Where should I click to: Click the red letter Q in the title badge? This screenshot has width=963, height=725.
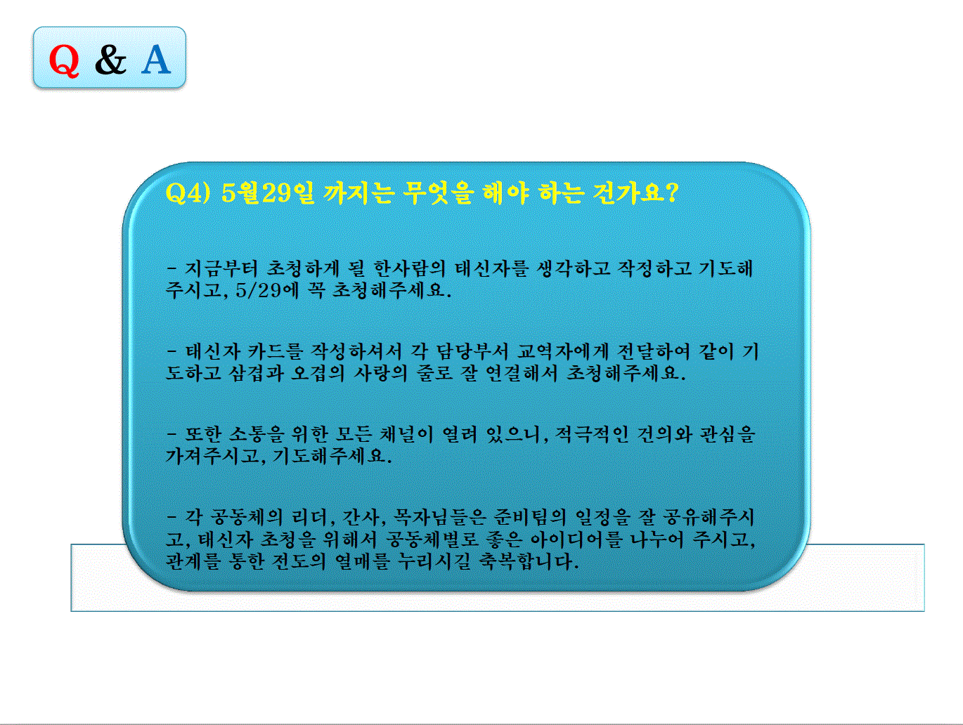coord(64,59)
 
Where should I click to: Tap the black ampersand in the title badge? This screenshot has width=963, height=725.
coord(110,59)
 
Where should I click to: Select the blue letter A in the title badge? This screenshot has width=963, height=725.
coord(156,59)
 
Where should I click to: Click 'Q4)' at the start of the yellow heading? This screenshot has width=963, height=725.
coord(188,192)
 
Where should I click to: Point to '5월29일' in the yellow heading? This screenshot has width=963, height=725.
coord(268,192)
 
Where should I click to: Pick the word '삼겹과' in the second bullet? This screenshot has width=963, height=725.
coord(257,373)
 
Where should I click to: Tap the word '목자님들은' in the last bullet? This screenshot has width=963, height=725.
coord(440,518)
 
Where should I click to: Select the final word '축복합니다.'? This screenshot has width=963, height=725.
coord(529,561)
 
